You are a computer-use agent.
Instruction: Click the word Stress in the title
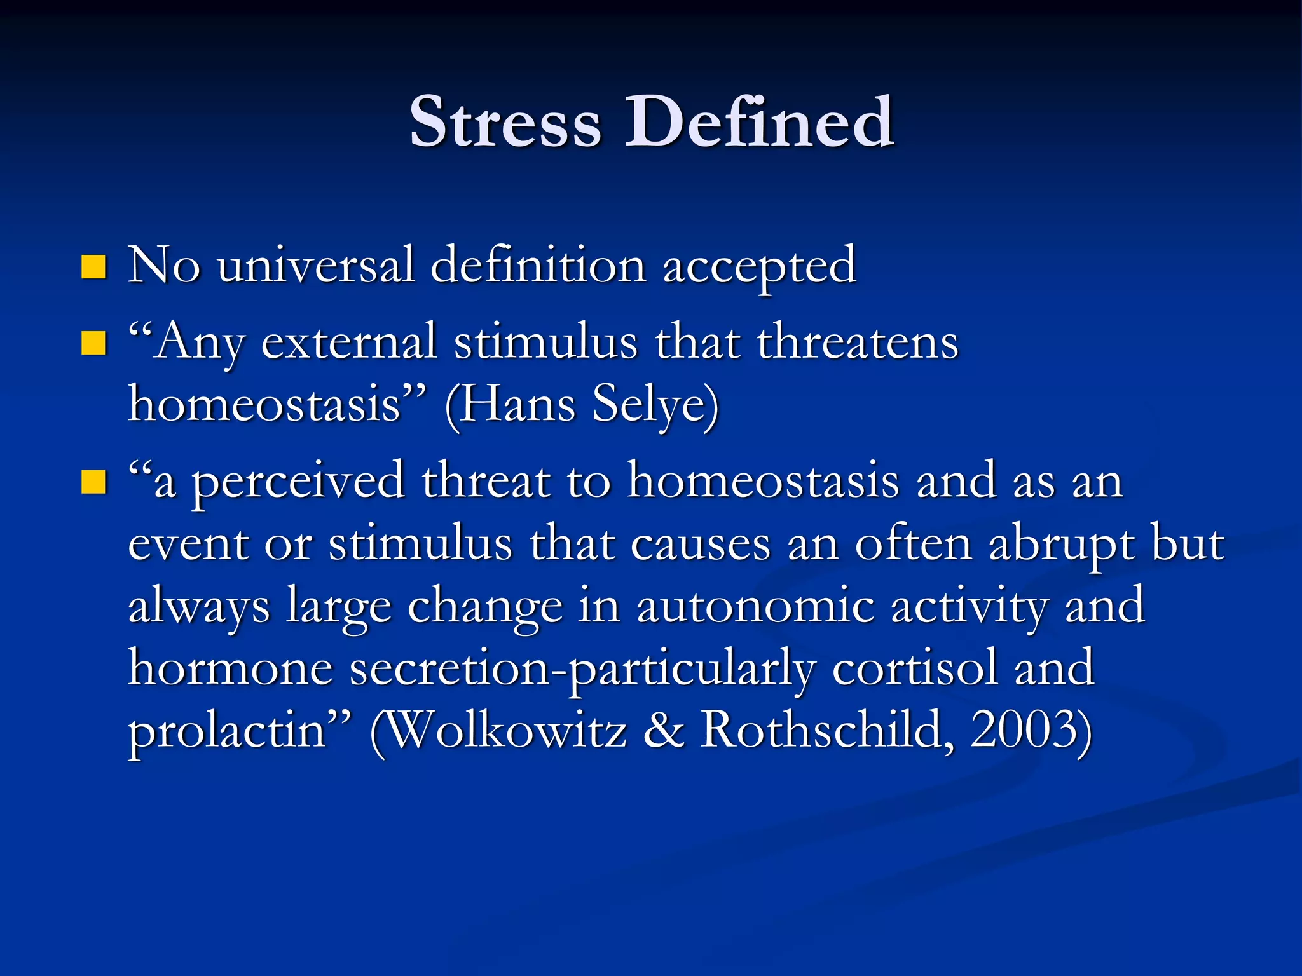point(505,122)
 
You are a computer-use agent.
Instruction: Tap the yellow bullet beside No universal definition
point(93,268)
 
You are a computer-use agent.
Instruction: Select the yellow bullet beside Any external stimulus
point(93,344)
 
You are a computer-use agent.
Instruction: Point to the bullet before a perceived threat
point(93,482)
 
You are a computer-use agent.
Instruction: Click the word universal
point(316,266)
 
